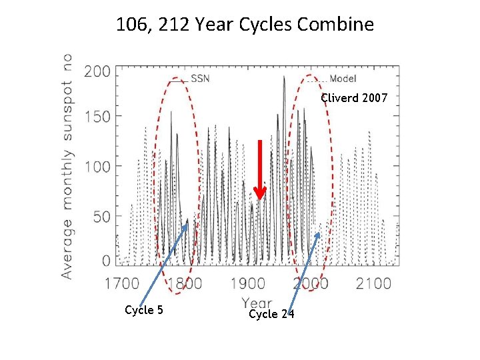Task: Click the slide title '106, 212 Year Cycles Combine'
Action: (245, 25)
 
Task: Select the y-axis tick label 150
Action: (97, 116)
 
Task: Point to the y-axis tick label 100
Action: (97, 166)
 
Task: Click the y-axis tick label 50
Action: (101, 217)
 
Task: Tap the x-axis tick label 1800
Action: (185, 283)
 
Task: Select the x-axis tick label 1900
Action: (247, 283)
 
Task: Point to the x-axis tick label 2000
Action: (310, 283)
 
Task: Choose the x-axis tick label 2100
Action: (373, 283)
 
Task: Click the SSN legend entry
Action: (200, 79)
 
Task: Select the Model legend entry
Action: (343, 79)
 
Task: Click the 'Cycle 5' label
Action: (144, 310)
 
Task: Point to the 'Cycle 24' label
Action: (271, 314)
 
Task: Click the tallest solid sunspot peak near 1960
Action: (284, 77)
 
